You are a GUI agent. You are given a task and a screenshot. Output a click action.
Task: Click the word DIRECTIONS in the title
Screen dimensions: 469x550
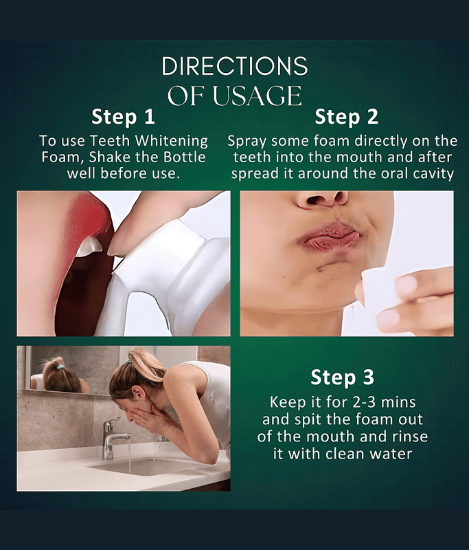tap(235, 66)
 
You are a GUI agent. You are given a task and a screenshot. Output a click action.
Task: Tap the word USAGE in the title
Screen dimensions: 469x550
tap(257, 96)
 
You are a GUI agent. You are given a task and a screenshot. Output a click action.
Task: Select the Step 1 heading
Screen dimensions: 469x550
tap(123, 117)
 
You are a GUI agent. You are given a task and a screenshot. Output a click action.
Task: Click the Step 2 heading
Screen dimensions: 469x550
tap(346, 117)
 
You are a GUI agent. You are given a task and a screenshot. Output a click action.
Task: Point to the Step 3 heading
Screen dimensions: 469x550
tap(342, 377)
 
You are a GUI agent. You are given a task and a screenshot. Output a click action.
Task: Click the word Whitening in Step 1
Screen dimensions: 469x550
tap(171, 142)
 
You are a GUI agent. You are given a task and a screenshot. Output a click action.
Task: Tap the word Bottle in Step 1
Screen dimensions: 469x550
tap(185, 157)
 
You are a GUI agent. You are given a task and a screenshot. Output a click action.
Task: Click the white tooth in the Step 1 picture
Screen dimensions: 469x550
tap(89, 246)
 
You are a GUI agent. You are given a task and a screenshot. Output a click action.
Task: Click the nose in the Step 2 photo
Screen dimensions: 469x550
tap(322, 199)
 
